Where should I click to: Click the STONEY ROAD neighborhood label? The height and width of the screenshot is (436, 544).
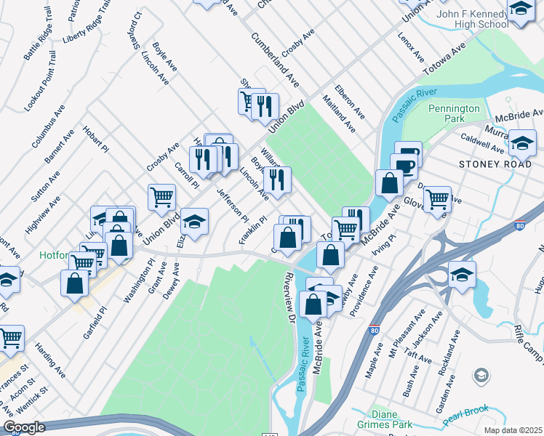(x=490, y=164)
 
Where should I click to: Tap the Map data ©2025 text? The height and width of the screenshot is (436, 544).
(x=512, y=430)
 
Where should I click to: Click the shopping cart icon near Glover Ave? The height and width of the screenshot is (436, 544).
(x=436, y=198)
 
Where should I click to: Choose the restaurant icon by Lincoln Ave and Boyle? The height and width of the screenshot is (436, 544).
(x=277, y=178)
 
